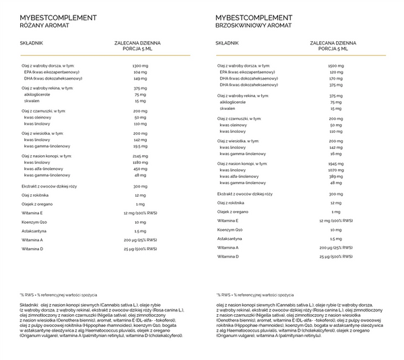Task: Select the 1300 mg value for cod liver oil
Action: (140, 65)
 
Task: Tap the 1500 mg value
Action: (335, 65)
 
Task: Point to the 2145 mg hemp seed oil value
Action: (140, 156)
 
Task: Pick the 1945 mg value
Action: (335, 163)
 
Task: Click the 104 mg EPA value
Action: (140, 71)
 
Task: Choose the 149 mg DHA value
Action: (140, 78)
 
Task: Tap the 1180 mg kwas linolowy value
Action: (140, 162)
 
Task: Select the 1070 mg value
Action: (335, 170)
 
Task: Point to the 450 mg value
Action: (140, 169)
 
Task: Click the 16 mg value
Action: (335, 154)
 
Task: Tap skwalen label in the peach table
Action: (228, 108)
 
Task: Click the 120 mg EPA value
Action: (335, 72)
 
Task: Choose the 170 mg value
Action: (335, 79)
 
